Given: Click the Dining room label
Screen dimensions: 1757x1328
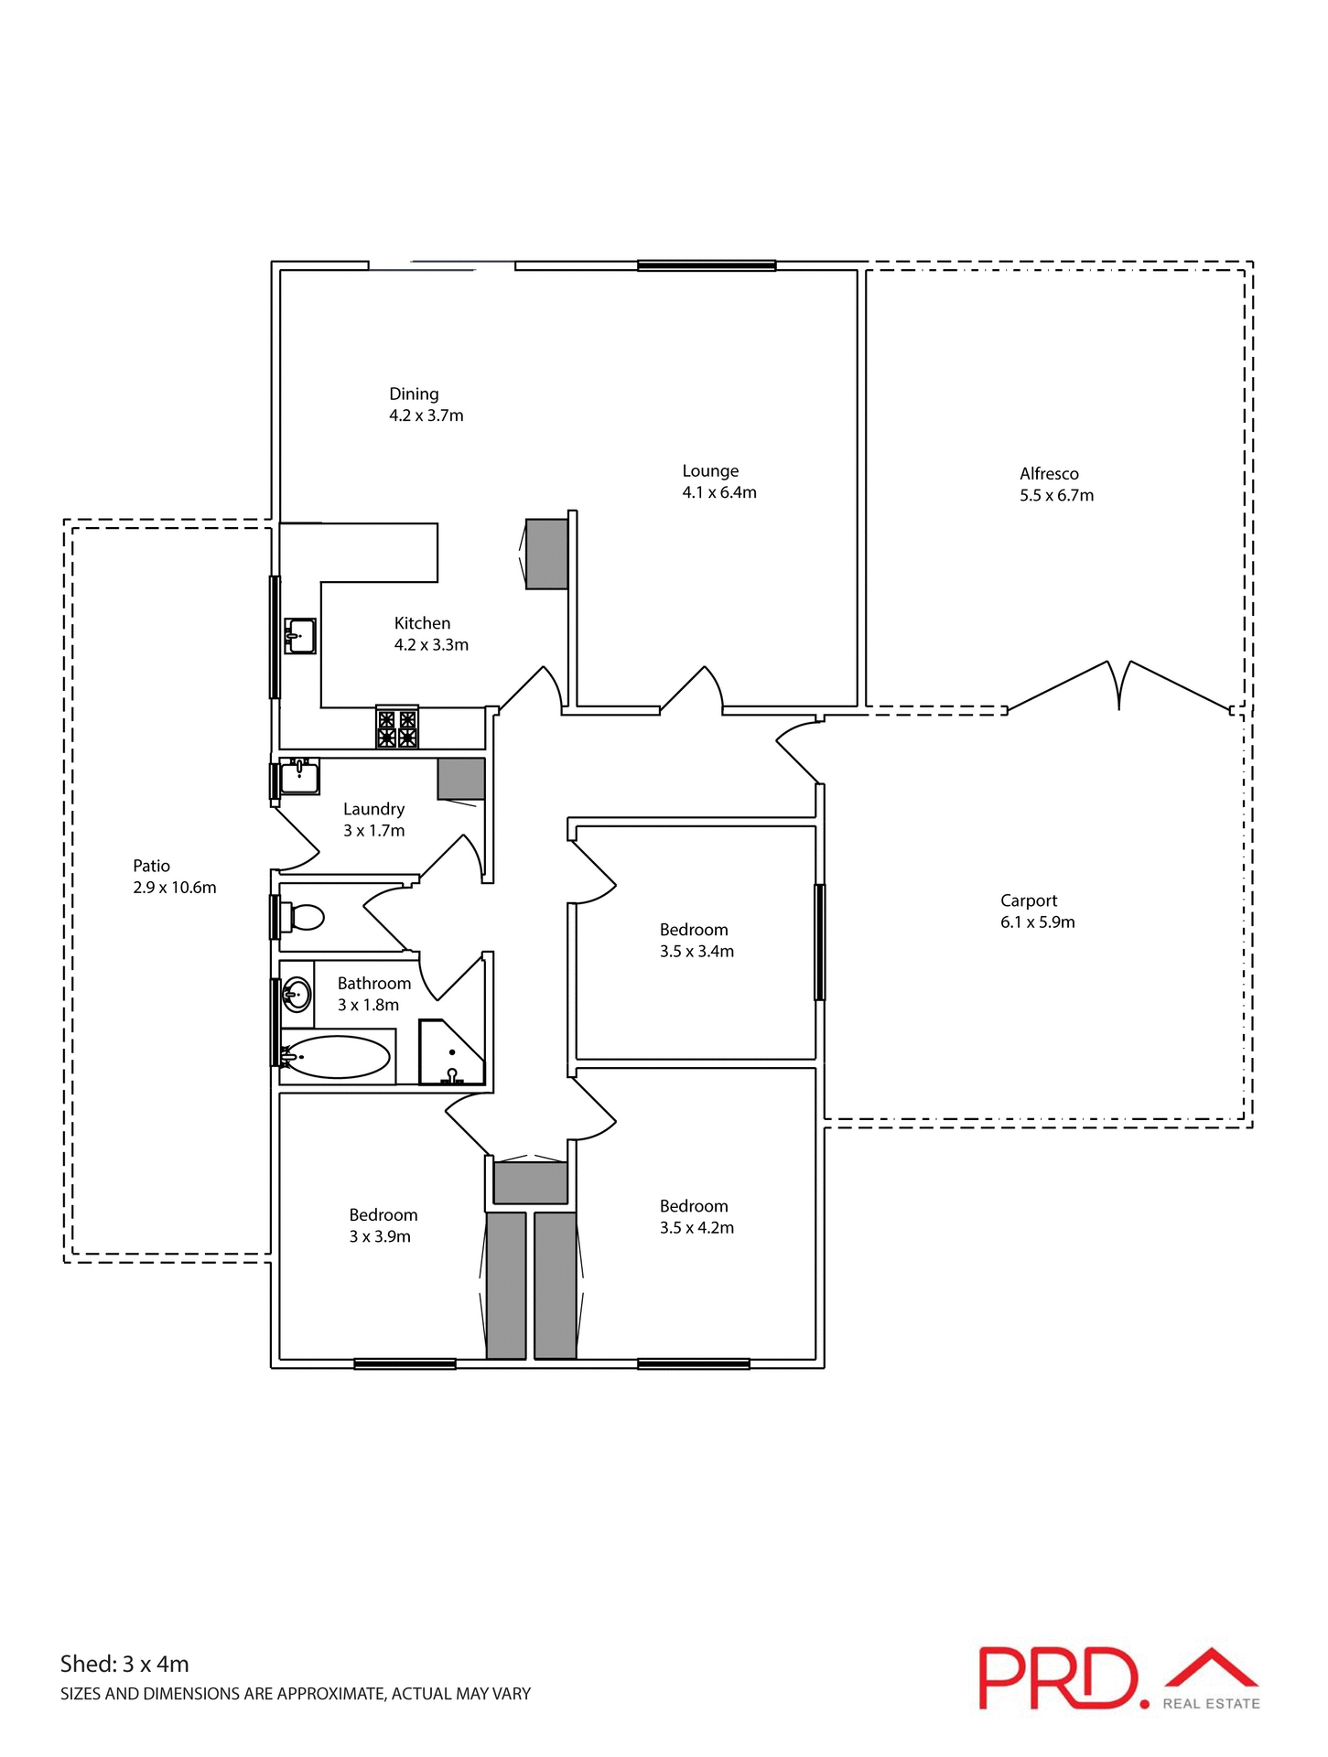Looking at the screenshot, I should click(414, 393).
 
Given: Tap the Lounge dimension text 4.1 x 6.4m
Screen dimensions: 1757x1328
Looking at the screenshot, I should click(718, 492).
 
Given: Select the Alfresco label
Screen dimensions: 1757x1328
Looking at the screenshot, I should click(1049, 473).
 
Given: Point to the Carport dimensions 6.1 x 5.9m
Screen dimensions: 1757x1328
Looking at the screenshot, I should click(1037, 922).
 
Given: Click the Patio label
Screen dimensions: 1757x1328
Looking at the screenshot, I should click(151, 866).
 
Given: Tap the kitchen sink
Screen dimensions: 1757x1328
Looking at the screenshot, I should click(299, 635).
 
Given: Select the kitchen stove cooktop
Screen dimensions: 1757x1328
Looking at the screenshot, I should click(397, 728).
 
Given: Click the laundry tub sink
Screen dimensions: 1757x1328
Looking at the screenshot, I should click(298, 778).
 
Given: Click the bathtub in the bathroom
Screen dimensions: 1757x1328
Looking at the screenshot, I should click(337, 1057).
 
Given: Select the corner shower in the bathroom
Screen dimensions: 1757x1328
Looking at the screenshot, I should click(451, 1053).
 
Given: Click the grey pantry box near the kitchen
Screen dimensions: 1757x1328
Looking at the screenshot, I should click(547, 554).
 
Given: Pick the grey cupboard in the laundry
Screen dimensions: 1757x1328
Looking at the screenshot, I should click(460, 779).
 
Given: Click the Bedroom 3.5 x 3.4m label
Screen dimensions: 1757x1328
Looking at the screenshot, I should click(694, 930).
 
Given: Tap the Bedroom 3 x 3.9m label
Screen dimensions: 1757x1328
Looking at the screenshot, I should click(383, 1215).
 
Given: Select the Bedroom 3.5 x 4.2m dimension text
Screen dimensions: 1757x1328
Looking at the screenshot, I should click(696, 1228).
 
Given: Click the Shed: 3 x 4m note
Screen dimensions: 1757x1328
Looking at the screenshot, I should click(124, 1664).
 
